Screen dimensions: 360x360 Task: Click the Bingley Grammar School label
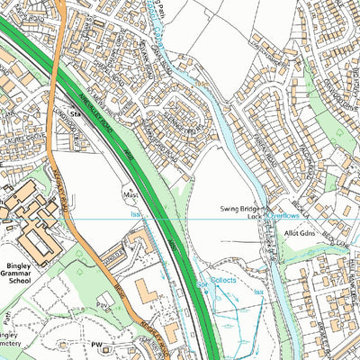tap(20, 270)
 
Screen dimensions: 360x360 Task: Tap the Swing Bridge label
tap(239, 208)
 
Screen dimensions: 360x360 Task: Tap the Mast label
tap(130, 193)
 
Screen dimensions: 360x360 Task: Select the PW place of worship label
tap(97, 343)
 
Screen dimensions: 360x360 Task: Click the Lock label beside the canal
tap(253, 217)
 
